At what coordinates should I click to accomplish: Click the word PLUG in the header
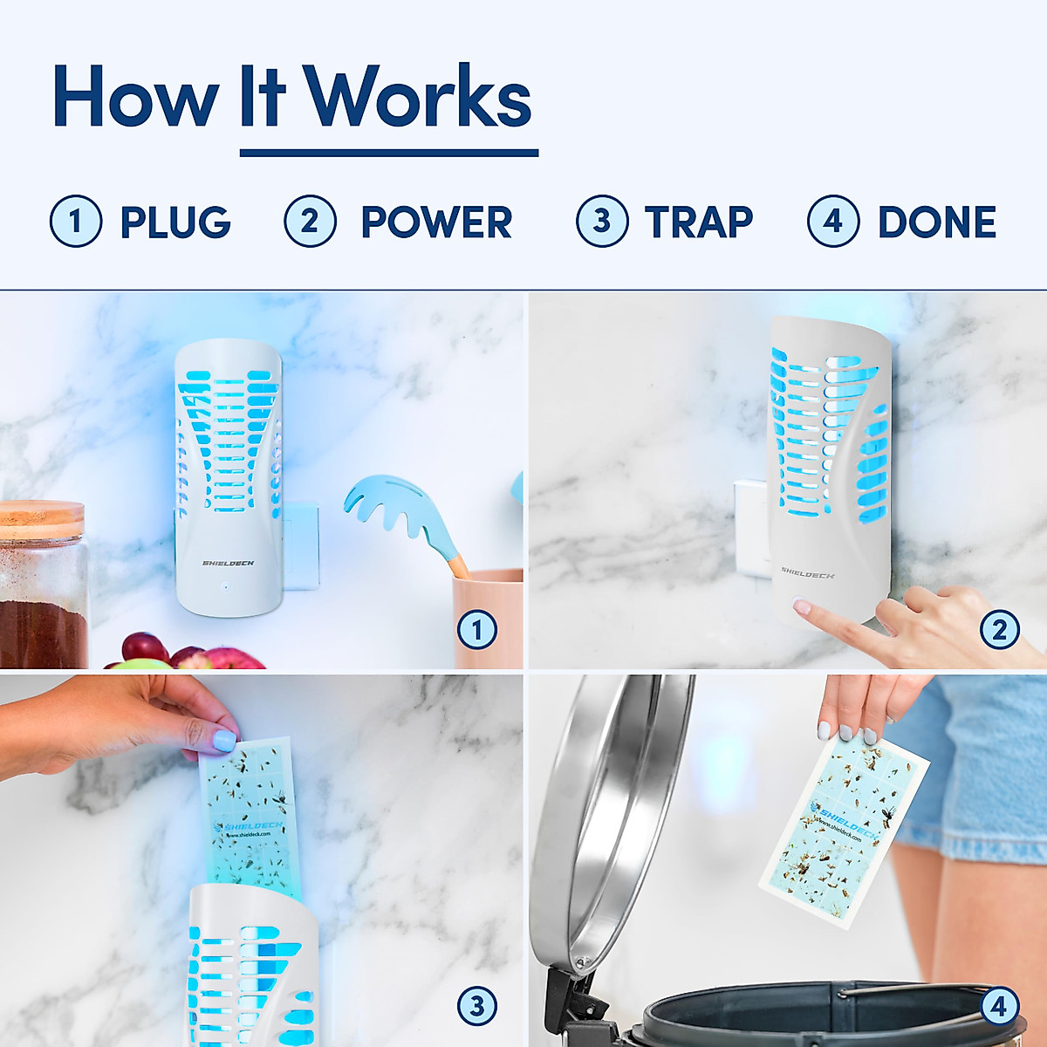[x=175, y=222]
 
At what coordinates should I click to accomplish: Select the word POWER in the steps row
[x=436, y=222]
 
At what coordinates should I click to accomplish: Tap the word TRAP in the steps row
[x=699, y=222]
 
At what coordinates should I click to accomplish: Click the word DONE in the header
[x=937, y=222]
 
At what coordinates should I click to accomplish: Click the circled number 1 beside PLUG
[x=76, y=222]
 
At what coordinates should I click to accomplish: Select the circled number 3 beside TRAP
[x=602, y=222]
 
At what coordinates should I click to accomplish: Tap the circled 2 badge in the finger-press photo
[x=1000, y=630]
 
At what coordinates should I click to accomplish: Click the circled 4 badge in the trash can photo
[x=999, y=1007]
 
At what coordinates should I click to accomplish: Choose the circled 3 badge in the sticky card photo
[x=477, y=1007]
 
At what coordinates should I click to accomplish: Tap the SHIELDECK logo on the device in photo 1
[x=229, y=564]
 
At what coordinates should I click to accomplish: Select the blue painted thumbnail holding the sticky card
[x=223, y=741]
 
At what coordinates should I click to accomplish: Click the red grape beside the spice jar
[x=144, y=647]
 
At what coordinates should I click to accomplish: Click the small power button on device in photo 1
[x=225, y=586]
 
